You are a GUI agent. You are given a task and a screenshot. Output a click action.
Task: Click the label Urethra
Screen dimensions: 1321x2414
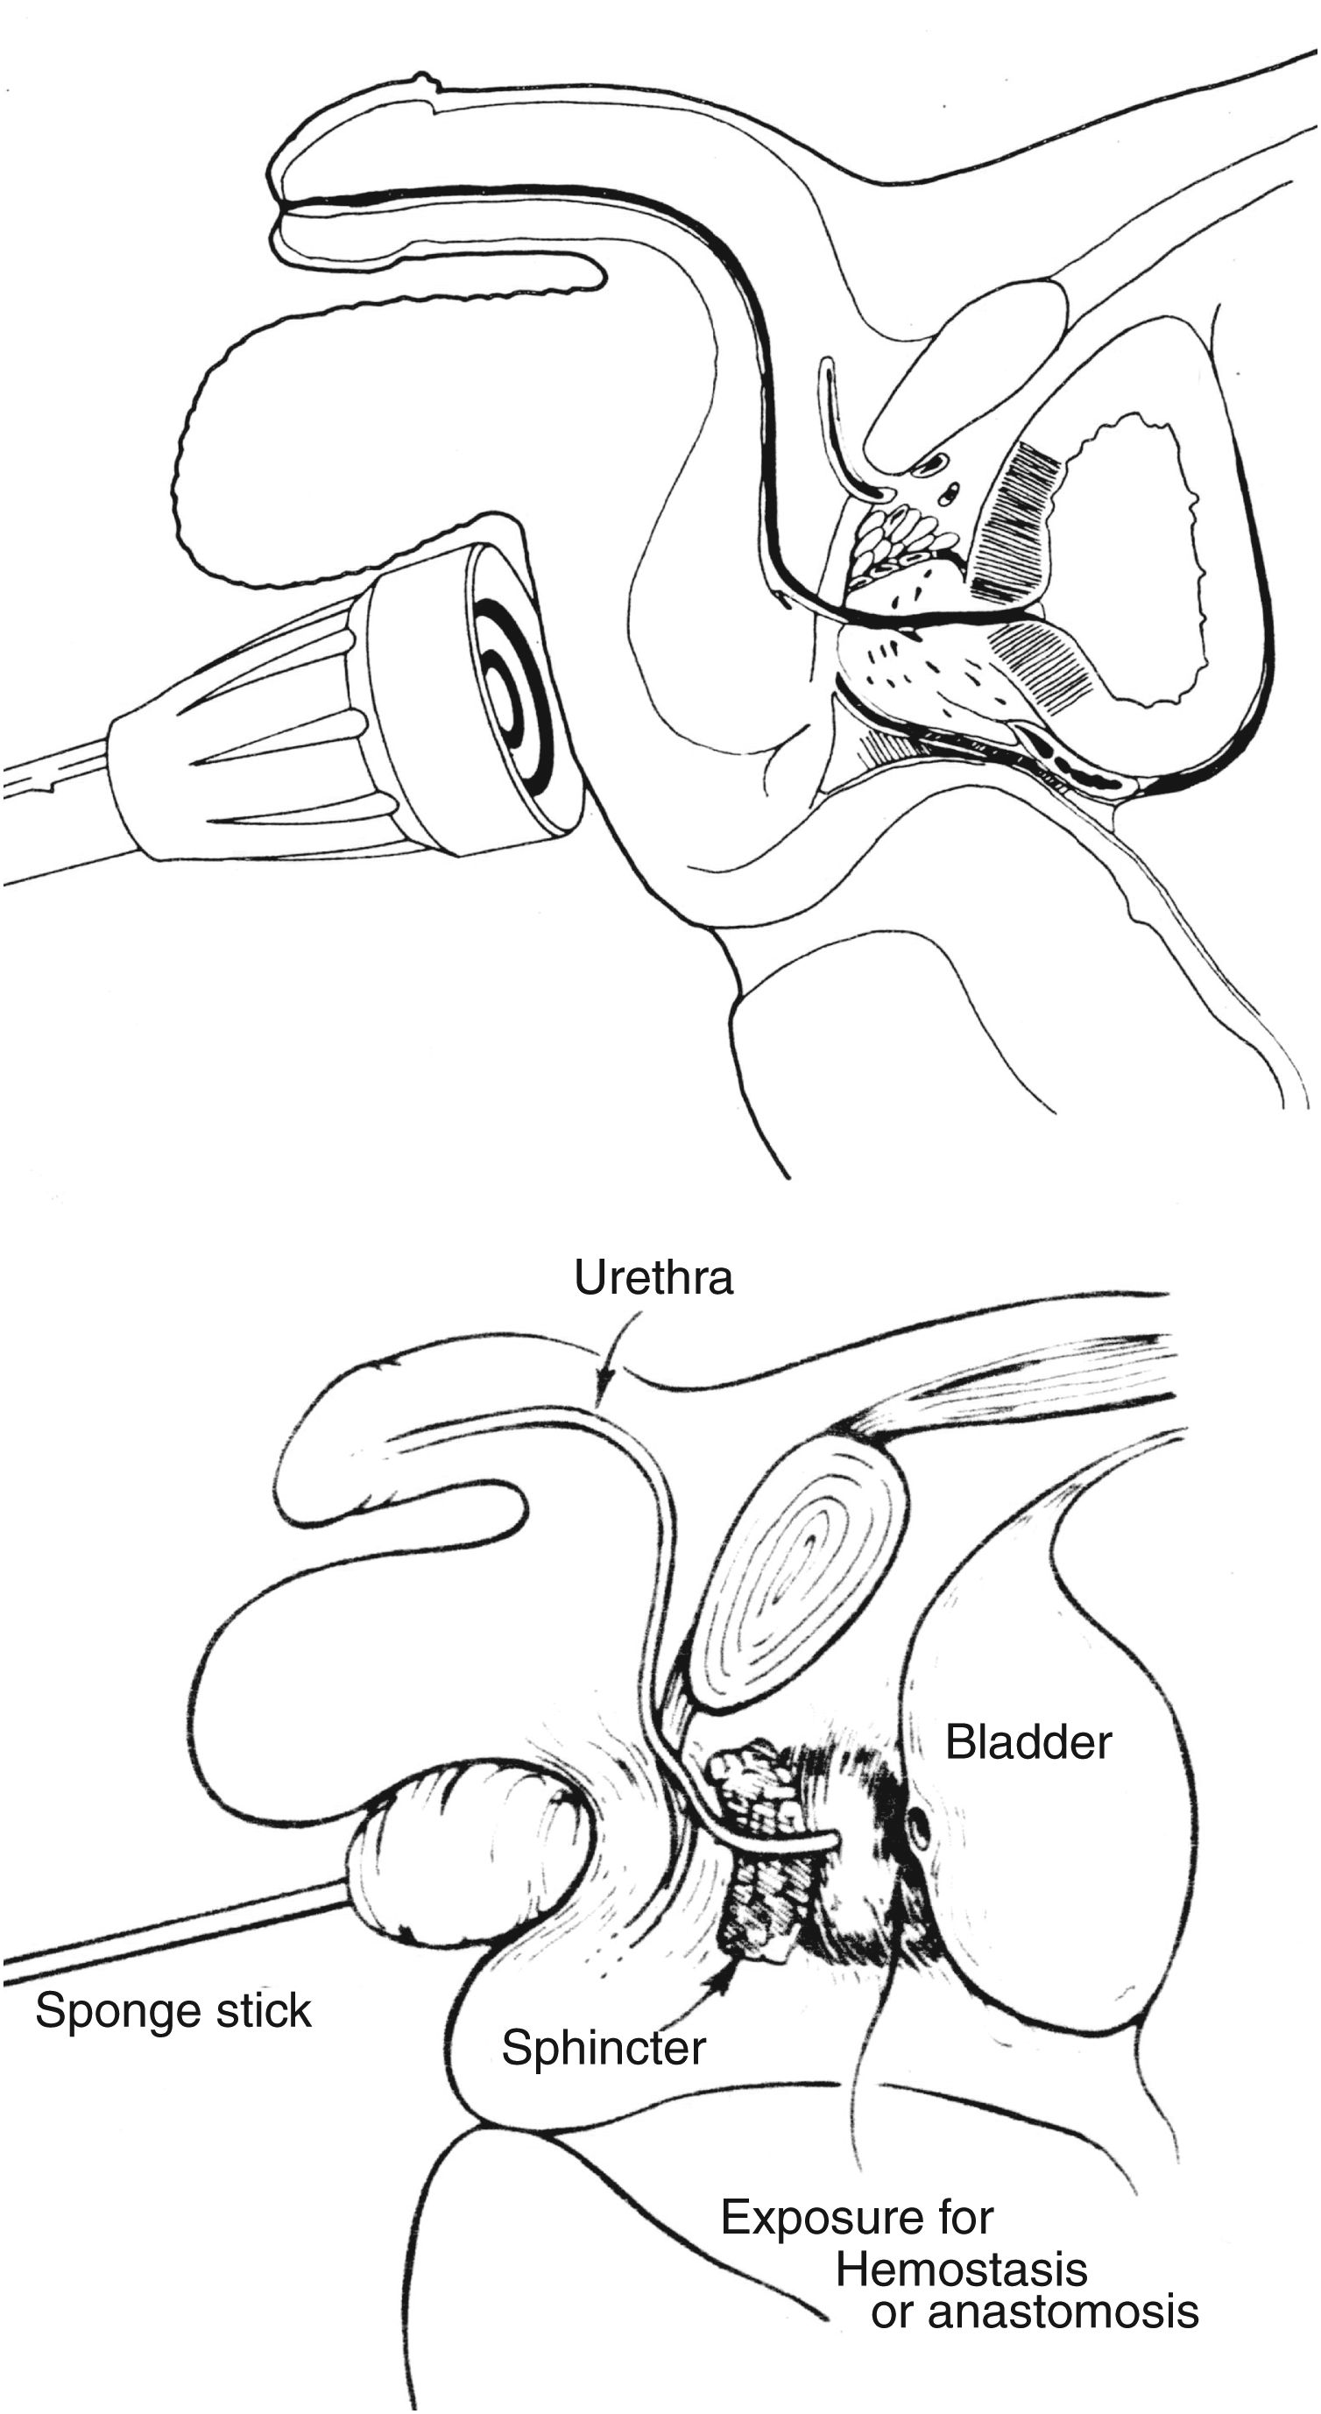[x=653, y=1278]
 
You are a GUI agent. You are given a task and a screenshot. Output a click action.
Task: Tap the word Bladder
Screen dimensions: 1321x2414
[x=1028, y=1742]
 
